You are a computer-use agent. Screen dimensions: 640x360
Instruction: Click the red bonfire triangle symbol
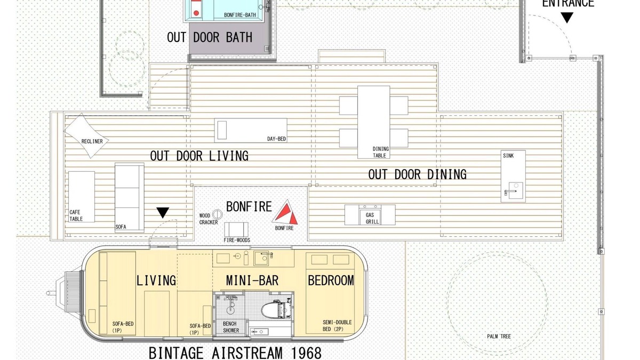pos(285,212)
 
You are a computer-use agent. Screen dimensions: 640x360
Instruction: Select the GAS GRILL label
pos(372,218)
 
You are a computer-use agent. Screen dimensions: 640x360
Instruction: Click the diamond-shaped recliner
pos(86,135)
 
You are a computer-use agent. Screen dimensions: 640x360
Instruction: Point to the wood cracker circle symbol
pos(218,214)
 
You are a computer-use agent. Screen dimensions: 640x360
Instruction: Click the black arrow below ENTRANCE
pos(567,18)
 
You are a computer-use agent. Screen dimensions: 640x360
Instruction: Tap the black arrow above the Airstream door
pos(163,213)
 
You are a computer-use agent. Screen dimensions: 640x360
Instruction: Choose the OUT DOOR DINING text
pos(417,174)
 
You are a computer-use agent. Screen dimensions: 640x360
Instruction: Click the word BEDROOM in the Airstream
pos(331,281)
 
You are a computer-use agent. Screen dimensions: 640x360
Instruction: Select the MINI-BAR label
pos(252,281)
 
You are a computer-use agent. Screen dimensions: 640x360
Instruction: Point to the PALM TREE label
pos(499,337)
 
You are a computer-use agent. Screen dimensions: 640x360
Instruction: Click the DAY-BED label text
pos(276,139)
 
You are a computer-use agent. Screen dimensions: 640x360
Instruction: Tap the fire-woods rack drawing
pos(236,229)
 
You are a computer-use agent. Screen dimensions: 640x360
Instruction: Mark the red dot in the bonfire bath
pos(196,13)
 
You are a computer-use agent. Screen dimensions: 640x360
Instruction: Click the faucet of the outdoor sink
pos(509,191)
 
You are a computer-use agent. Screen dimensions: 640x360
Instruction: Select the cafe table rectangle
pos(82,197)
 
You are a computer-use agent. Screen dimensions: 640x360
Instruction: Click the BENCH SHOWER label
pos(231,327)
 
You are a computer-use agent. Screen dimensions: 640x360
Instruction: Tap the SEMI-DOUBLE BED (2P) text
pos(337,326)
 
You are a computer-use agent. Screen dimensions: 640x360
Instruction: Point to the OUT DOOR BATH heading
pos(210,37)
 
